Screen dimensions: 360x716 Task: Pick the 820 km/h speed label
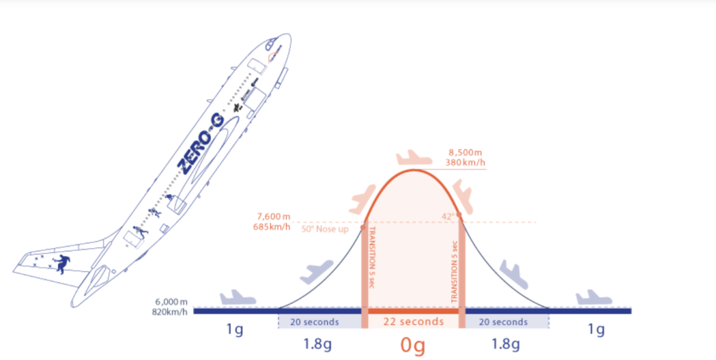click(x=169, y=312)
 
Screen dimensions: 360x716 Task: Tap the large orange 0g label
click(x=413, y=345)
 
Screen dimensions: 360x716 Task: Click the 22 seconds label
click(x=413, y=322)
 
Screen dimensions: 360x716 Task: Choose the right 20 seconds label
click(x=505, y=322)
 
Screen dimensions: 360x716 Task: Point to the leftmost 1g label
click(x=235, y=329)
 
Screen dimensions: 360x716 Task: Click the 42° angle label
click(x=448, y=217)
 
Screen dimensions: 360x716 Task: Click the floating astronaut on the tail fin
click(x=63, y=264)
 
